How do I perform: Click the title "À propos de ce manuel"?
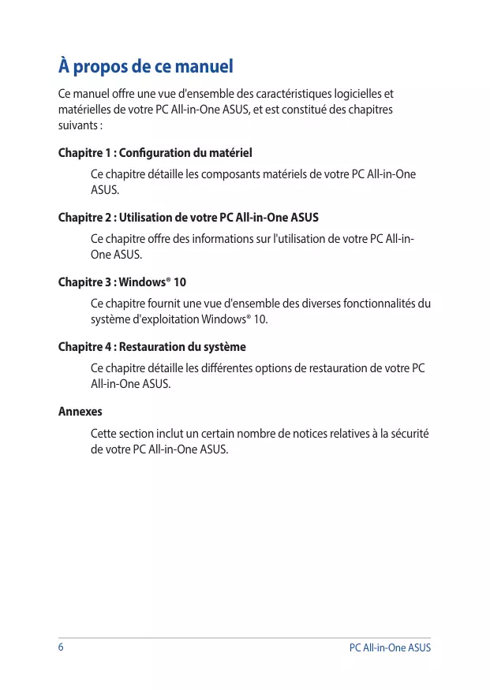point(146,66)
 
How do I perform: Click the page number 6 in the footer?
point(62,647)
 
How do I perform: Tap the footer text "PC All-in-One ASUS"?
point(390,648)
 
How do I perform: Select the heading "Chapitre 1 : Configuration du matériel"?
point(155,152)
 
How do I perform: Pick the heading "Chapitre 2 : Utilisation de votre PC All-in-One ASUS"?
point(189,217)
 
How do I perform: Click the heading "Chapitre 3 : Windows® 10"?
point(122,282)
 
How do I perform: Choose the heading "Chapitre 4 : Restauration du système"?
point(152,347)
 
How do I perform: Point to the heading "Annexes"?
point(80,412)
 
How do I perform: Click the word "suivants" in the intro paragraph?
point(77,125)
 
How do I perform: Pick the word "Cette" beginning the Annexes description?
point(103,434)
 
